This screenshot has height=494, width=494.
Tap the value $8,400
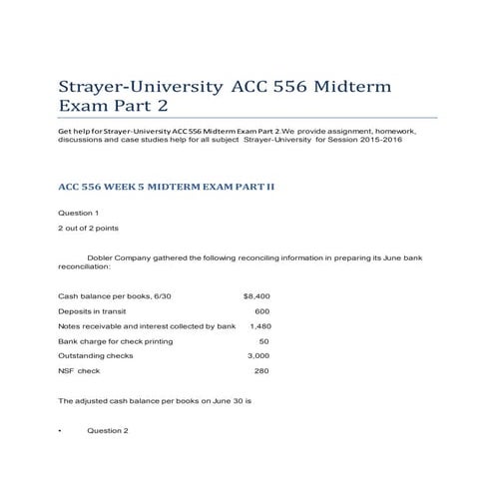tap(256, 296)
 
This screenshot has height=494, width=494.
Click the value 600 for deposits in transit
tap(262, 311)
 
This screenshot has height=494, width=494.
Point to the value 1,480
tap(259, 326)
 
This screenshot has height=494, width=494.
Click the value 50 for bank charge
tap(264, 341)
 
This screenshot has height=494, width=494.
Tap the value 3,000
tap(258, 355)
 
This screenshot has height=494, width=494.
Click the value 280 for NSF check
tap(261, 370)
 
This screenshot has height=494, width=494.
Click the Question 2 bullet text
tap(108, 430)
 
